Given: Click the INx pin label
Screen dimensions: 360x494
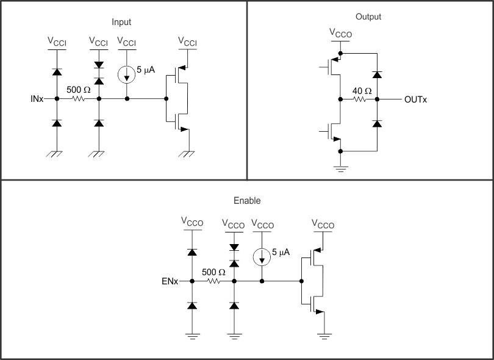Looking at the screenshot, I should point(37,98).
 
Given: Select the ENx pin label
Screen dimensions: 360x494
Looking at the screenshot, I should point(170,282).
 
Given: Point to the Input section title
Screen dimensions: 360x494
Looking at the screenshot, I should point(121,22).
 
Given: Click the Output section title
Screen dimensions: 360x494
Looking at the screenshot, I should point(368,16).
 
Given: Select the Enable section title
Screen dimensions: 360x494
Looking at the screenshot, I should point(246,200).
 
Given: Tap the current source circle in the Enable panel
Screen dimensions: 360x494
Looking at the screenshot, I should point(262,257).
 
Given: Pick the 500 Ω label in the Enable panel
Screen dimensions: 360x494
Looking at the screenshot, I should point(213,273).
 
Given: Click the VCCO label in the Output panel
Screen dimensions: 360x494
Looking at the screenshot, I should point(340,33).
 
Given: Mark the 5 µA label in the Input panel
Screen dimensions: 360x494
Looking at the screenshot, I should point(146,70).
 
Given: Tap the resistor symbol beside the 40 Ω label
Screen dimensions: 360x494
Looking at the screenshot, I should point(360,99).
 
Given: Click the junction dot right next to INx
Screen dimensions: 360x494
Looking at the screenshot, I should point(57,98).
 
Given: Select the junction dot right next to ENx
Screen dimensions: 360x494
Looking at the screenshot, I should point(192,281).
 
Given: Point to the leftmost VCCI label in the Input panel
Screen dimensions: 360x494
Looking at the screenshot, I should point(57,41).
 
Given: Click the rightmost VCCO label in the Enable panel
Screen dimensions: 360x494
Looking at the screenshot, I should point(323,224).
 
